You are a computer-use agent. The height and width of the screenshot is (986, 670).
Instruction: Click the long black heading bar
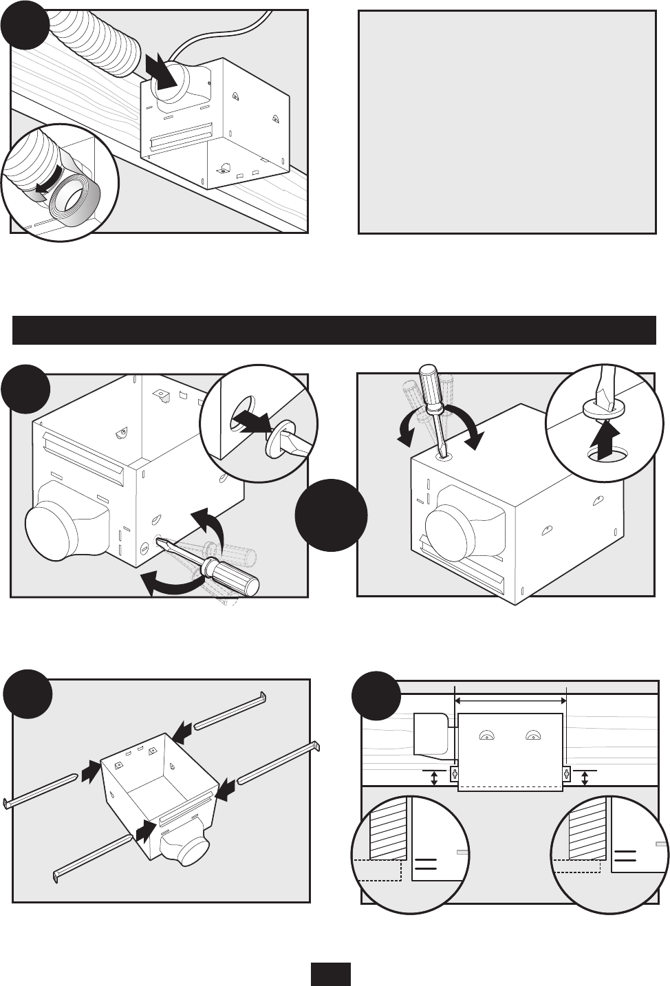[334, 330]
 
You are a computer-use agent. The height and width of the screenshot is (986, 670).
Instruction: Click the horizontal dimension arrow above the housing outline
[510, 700]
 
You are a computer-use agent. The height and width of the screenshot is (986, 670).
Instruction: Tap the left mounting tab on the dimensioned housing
[454, 773]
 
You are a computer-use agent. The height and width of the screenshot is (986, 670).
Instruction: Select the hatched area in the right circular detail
[587, 830]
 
